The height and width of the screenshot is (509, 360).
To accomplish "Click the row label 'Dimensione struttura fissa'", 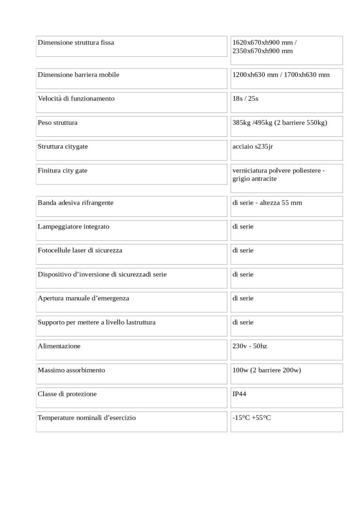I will [x=76, y=43].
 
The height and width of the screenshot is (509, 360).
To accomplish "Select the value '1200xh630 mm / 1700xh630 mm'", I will [x=281, y=75].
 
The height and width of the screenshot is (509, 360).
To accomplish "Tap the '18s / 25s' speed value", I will [x=245, y=99].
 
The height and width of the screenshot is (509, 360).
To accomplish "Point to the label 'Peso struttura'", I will [x=58, y=122].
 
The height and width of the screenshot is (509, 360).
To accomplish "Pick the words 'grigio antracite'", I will [x=255, y=179].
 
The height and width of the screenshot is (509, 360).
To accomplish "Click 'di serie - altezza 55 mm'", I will [x=267, y=203].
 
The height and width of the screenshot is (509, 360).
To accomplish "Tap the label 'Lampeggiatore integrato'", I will [x=74, y=227].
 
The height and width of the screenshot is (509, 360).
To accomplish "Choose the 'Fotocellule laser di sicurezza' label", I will [x=80, y=251].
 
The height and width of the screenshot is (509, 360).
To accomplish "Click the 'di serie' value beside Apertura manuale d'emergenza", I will [x=243, y=298].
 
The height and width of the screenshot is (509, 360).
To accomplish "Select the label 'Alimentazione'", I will [x=59, y=346].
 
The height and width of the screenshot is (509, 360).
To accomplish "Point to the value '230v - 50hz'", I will [x=250, y=346].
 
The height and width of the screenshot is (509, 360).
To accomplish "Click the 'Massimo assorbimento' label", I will [x=71, y=370].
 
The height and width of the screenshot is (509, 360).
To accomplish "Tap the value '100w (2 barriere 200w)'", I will [x=267, y=370].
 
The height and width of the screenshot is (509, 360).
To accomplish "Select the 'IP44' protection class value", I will [x=239, y=394].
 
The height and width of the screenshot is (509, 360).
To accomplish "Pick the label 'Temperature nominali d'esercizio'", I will [x=87, y=418].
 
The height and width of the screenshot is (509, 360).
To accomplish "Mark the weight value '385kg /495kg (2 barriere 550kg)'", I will [x=280, y=122].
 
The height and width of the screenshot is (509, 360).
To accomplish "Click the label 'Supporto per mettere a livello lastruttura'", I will [x=96, y=323].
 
